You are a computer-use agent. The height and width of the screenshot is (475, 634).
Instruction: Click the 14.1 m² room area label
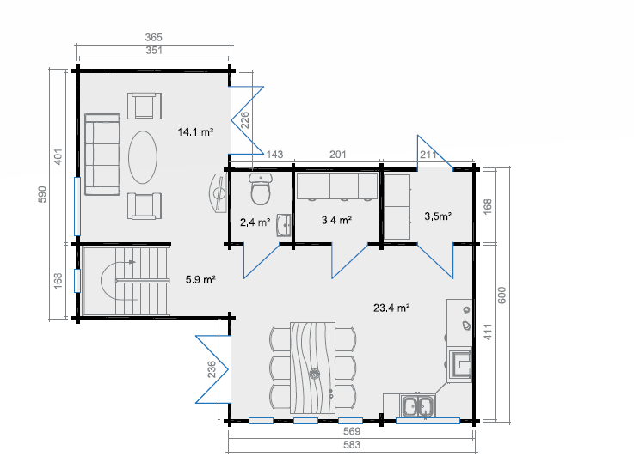tap(195, 132)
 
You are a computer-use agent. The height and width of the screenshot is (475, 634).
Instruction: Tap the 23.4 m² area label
tap(391, 308)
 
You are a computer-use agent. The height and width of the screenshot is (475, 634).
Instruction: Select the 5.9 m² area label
tap(200, 279)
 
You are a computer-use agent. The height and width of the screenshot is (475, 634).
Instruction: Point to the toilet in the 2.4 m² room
tap(261, 189)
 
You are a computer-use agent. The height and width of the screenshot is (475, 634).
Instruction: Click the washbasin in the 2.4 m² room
tap(283, 225)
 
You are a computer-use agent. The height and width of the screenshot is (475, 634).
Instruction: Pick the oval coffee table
tap(143, 157)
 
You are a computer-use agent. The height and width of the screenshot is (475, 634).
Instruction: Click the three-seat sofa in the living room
tap(102, 155)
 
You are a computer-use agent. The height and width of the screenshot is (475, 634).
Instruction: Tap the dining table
tap(312, 368)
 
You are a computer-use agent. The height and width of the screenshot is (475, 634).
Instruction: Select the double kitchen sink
tap(417, 405)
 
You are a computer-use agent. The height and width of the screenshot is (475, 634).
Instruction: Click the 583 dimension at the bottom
tap(352, 445)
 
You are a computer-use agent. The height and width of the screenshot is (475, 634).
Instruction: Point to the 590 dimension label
tap(42, 194)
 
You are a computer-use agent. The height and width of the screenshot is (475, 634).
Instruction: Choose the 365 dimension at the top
tap(154, 38)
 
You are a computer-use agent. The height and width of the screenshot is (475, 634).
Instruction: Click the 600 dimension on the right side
tap(502, 295)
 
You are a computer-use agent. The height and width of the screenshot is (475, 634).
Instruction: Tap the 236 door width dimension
tap(212, 369)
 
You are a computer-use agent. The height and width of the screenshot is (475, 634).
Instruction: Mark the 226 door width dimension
tap(245, 120)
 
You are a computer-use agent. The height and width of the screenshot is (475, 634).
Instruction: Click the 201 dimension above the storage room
tap(338, 154)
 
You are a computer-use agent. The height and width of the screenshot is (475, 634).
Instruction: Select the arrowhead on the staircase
tap(132, 262)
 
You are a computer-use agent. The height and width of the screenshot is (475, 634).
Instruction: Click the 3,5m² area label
tap(438, 216)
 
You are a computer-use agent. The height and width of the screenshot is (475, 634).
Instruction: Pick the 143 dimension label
tap(274, 154)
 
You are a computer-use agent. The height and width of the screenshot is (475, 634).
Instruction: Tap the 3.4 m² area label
tap(336, 221)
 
